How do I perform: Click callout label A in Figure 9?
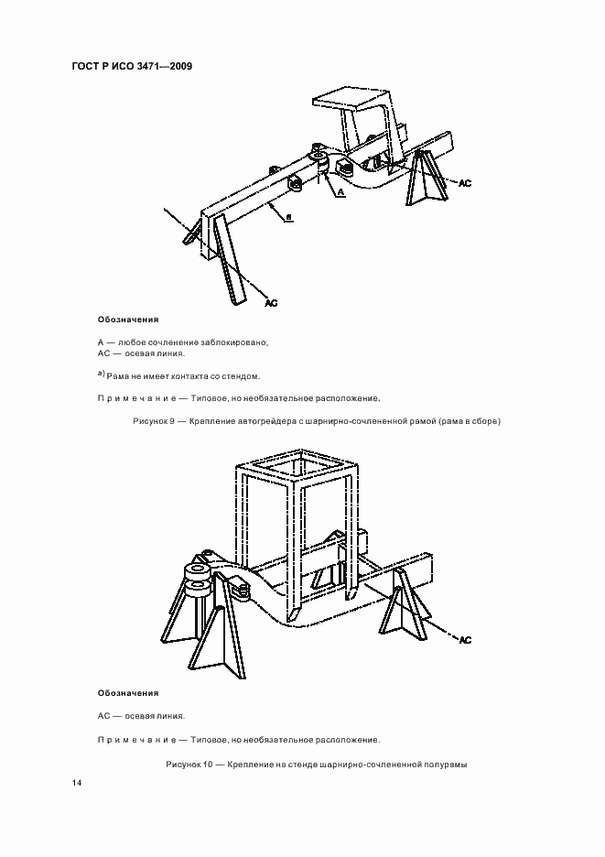point(340,193)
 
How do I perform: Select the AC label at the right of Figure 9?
point(464,183)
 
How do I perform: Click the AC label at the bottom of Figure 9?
point(270,301)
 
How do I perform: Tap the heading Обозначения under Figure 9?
point(128,320)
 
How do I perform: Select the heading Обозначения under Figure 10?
point(128,693)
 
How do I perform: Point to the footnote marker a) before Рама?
point(102,374)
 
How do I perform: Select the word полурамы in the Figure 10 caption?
point(444,764)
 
